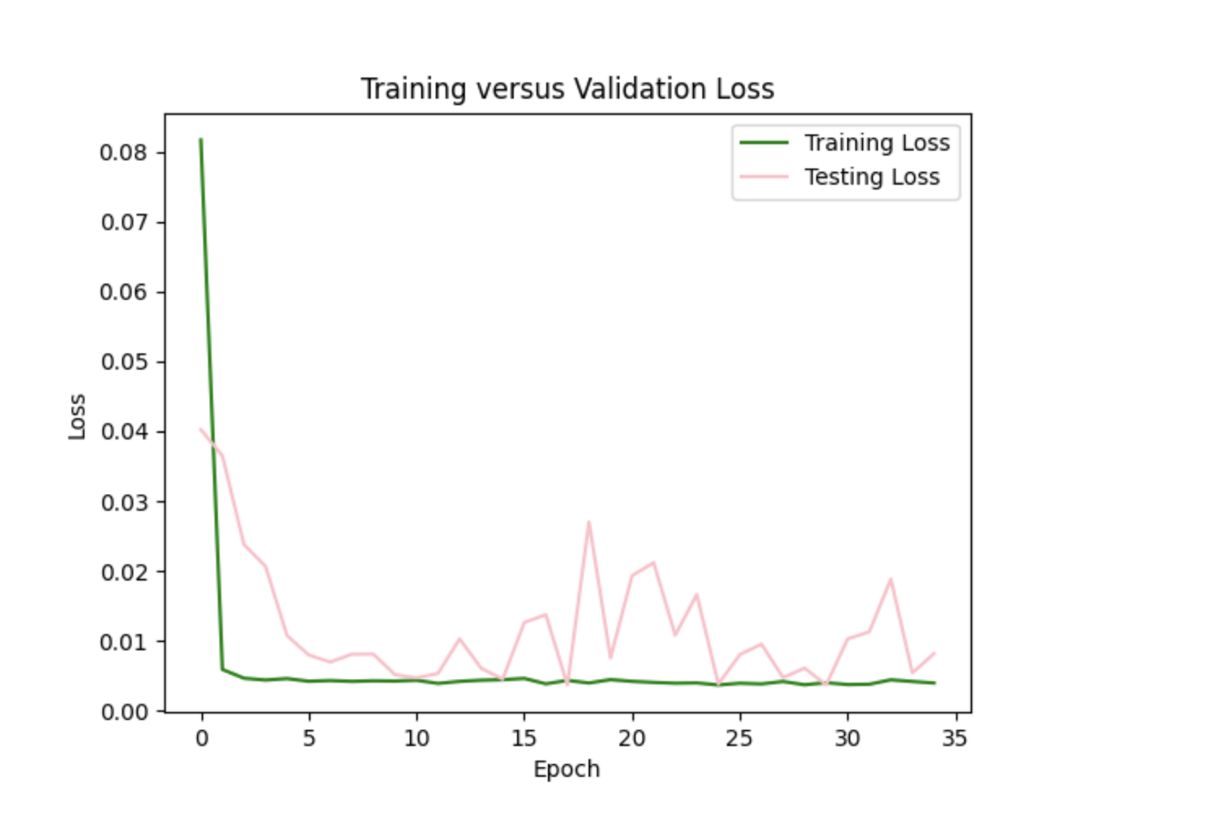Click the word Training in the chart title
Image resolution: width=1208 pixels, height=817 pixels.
pyautogui.click(x=414, y=89)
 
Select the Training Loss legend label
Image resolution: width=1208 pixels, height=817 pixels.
pyautogui.click(x=877, y=143)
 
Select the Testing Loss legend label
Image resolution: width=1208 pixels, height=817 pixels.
pyautogui.click(x=872, y=177)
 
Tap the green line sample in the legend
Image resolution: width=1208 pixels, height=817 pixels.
pyautogui.click(x=764, y=143)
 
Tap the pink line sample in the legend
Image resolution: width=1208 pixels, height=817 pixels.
pyautogui.click(x=764, y=177)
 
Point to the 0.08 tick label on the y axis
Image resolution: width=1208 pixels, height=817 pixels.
pyautogui.click(x=123, y=153)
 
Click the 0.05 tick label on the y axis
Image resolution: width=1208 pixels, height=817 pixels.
pyautogui.click(x=123, y=362)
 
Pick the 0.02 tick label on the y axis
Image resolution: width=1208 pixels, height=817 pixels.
pyautogui.click(x=123, y=572)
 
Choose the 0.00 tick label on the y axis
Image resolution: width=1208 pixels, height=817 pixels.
pyautogui.click(x=123, y=712)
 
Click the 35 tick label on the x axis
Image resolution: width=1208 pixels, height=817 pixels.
pyautogui.click(x=955, y=738)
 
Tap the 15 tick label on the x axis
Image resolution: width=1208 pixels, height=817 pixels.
pyautogui.click(x=524, y=738)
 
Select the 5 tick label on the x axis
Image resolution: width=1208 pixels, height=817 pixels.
pyautogui.click(x=309, y=738)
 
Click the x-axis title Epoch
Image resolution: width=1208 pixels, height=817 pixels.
pyautogui.click(x=567, y=769)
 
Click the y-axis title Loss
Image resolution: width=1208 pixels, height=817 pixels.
pyautogui.click(x=77, y=416)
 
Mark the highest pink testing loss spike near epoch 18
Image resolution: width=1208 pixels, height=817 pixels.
pyautogui.click(x=589, y=522)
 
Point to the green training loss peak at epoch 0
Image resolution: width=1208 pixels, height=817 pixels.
pyautogui.click(x=201, y=140)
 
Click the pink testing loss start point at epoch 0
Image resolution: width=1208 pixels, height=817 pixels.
pyautogui.click(x=201, y=430)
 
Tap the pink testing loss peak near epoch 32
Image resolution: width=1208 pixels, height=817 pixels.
pyautogui.click(x=891, y=579)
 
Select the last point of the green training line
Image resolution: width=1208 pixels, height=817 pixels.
pyautogui.click(x=935, y=683)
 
